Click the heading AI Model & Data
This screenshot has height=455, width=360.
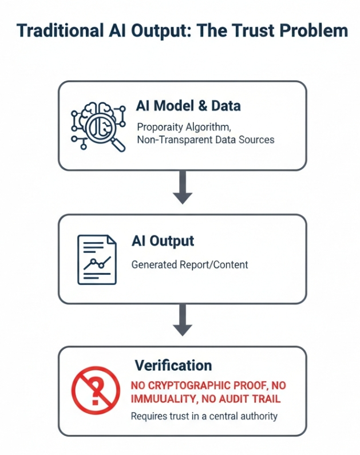coord(188,106)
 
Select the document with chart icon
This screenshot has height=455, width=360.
coord(97,259)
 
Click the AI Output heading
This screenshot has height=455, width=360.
coord(163,242)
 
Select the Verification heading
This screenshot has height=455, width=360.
coord(173,365)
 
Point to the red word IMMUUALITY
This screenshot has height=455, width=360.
coord(161,398)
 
